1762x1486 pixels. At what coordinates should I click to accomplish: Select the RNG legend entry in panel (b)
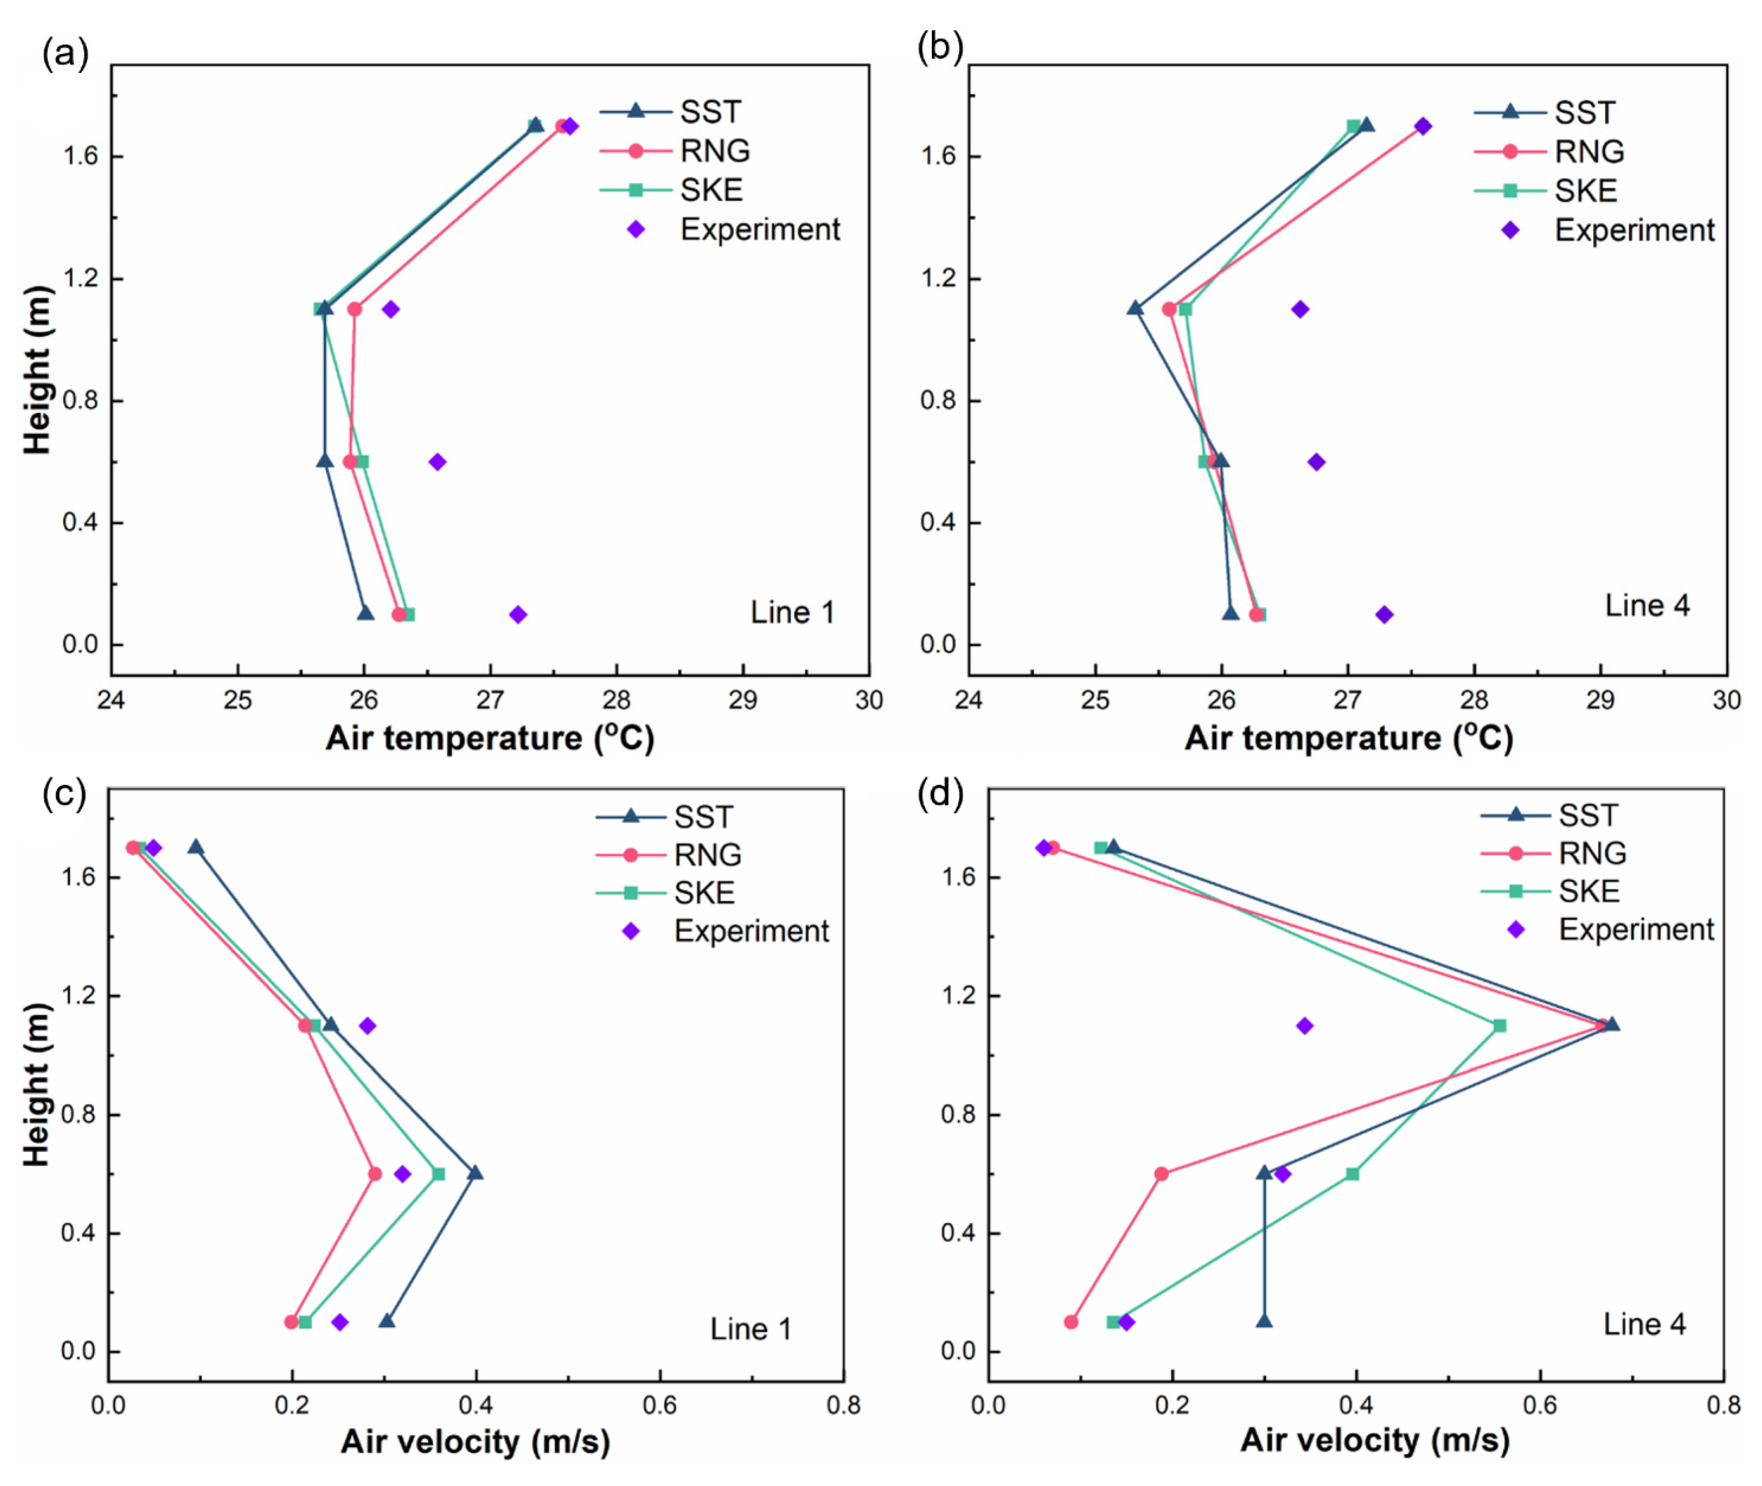(1588, 152)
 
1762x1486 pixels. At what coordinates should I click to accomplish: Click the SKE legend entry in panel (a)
(711, 191)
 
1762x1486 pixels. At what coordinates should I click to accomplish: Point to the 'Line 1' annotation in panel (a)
(792, 612)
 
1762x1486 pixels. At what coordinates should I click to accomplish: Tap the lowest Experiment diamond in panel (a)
(518, 614)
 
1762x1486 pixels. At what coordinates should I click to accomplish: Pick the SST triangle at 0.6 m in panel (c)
(475, 1173)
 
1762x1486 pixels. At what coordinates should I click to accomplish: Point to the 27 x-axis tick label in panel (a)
(490, 700)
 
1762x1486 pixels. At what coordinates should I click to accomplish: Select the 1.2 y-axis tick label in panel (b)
(938, 278)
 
